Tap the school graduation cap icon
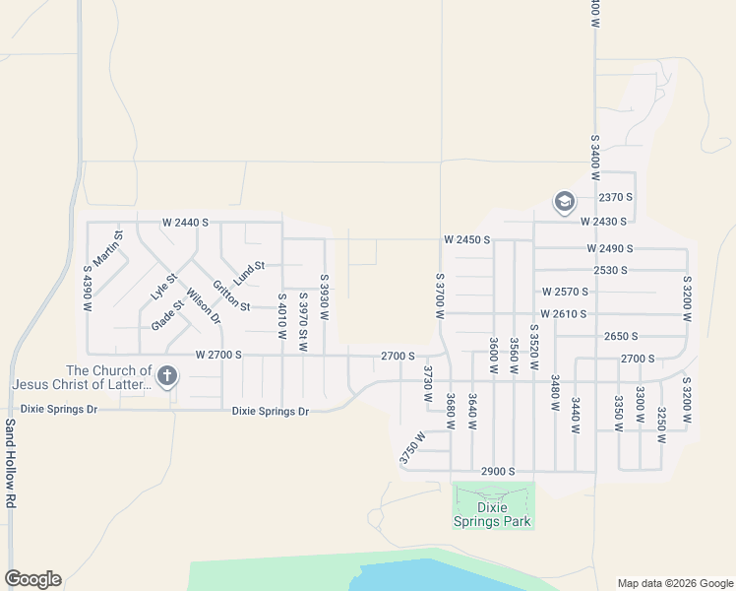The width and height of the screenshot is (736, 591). pyautogui.click(x=564, y=203)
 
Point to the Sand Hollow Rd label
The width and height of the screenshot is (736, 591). pyautogui.click(x=10, y=462)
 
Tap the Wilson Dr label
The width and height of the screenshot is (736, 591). pyautogui.click(x=204, y=305)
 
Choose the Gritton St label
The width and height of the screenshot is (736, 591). pyautogui.click(x=231, y=293)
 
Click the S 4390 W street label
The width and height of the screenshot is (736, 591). pyautogui.click(x=87, y=290)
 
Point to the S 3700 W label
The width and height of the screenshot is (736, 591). pyautogui.click(x=440, y=296)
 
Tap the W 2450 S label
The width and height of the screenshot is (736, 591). pyautogui.click(x=466, y=239)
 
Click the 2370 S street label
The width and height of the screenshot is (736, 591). pyautogui.click(x=615, y=197)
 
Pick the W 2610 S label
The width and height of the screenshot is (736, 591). pyautogui.click(x=564, y=314)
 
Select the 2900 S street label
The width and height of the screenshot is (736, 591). pyautogui.click(x=497, y=472)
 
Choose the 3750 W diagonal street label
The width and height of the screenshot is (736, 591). pyautogui.click(x=413, y=447)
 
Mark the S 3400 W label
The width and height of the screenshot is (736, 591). pyautogui.click(x=595, y=158)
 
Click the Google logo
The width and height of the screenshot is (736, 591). pyautogui.click(x=32, y=579)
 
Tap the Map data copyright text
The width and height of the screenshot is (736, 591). pyautogui.click(x=673, y=583)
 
